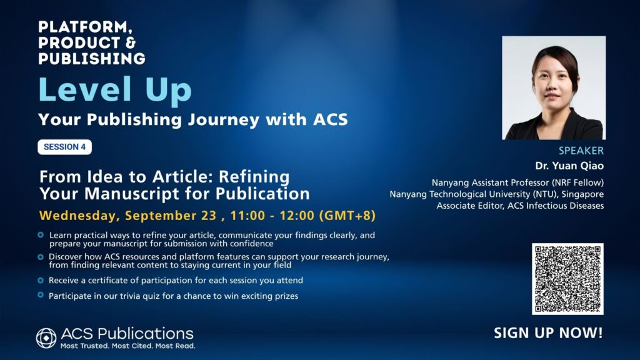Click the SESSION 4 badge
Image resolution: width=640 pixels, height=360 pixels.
pos(64,147)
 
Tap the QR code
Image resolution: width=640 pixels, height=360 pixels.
pos(567,279)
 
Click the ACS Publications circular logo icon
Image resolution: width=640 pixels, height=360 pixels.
pos(46,338)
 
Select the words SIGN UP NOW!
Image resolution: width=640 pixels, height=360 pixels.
pos(548,332)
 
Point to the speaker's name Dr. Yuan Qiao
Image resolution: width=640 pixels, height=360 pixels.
pos(569,166)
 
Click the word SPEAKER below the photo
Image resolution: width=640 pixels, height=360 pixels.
pos(581,151)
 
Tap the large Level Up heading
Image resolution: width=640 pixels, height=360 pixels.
pos(115,90)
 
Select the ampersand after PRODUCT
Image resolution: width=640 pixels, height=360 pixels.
pos(130,42)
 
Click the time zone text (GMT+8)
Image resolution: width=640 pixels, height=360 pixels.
pos(347,216)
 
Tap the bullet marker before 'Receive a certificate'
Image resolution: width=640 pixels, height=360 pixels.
pos(41,281)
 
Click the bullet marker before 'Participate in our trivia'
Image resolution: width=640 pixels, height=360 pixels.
pos(41,295)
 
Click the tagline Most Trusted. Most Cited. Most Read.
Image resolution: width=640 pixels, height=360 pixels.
pos(127,346)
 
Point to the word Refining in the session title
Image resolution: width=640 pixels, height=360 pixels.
pos(254,177)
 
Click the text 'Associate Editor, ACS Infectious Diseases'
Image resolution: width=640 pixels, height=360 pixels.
pos(520,206)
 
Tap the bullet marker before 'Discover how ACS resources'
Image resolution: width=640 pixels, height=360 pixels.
pos(41,257)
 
